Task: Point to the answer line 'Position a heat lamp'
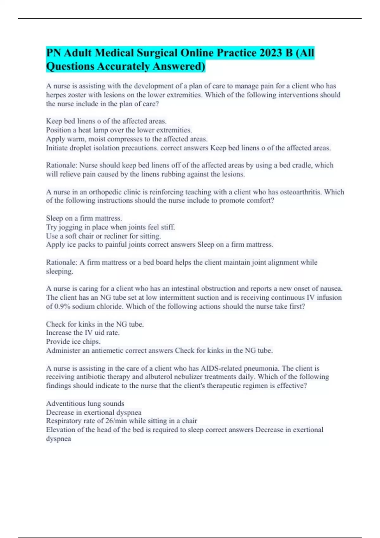coord(119,130)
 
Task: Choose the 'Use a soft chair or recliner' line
coord(103,236)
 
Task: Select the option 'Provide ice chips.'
coord(73,342)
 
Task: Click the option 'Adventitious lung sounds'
coord(85,403)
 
